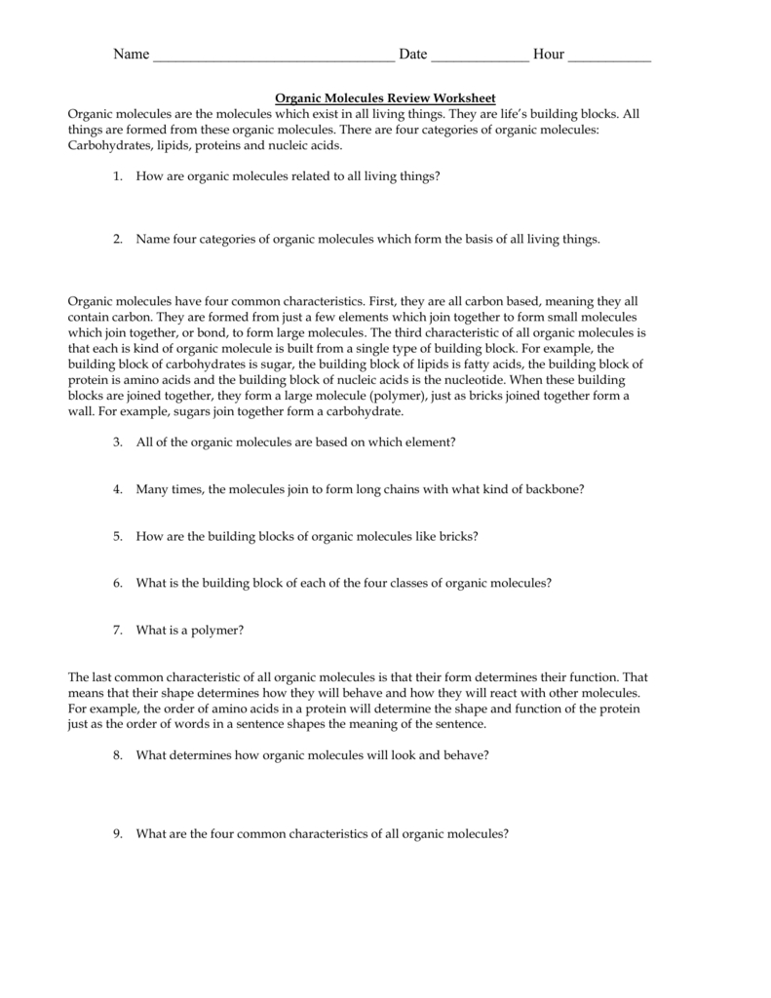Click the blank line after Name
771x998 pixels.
click(274, 57)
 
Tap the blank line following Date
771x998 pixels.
click(480, 57)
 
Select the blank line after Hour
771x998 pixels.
click(609, 57)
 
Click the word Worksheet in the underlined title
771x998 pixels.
click(468, 98)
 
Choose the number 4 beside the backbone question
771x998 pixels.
click(116, 489)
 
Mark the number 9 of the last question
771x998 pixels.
click(116, 833)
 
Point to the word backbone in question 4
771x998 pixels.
click(557, 489)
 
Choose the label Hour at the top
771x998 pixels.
click(548, 55)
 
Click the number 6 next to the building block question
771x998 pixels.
click(116, 583)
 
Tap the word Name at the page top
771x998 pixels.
click(131, 55)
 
